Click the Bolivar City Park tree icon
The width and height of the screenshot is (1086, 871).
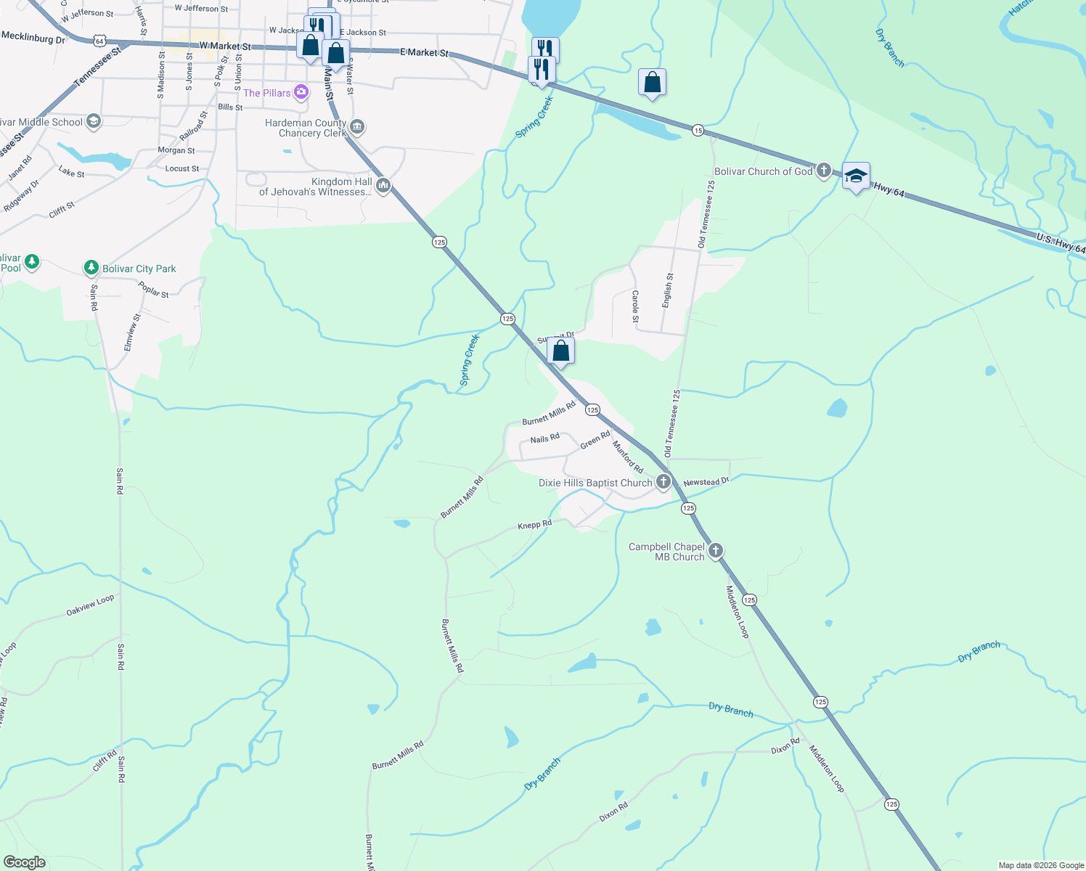point(91,268)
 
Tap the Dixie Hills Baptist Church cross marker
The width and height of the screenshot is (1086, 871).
point(664,482)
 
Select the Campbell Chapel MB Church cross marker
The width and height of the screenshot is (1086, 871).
point(716,551)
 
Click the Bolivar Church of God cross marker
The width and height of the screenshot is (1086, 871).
point(823,171)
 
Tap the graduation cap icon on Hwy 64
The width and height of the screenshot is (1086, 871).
point(856,176)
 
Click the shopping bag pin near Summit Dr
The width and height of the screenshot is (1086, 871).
point(561,351)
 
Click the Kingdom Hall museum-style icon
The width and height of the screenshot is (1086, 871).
point(383,186)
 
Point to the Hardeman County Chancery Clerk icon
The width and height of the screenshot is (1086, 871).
point(356,128)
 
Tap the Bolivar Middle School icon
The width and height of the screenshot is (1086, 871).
point(93,121)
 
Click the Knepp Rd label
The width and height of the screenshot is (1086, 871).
point(534,524)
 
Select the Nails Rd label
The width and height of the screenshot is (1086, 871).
point(544,438)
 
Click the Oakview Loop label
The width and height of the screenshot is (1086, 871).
point(90,605)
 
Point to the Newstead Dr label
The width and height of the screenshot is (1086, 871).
point(706,482)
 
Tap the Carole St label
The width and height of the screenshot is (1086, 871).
point(635,306)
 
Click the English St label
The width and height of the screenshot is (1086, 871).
point(668,290)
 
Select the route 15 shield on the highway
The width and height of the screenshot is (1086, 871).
point(698,130)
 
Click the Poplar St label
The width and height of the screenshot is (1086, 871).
point(153,290)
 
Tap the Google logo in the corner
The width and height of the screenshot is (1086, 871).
point(25,862)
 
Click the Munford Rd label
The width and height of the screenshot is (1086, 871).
point(628,457)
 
